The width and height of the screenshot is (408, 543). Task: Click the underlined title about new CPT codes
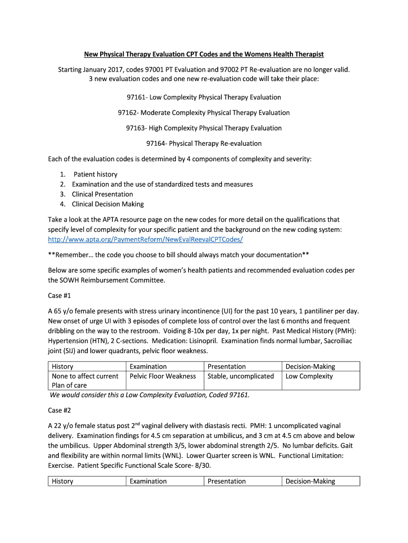pyautogui.click(x=204, y=54)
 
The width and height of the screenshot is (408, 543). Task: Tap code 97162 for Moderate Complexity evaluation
pyautogui.click(x=128, y=112)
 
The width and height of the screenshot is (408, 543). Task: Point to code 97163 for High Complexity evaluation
pyautogui.click(x=136, y=128)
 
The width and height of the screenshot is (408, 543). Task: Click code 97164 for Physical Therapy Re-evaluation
pyautogui.click(x=156, y=143)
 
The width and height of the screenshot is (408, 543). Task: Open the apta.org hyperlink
pyautogui.click(x=145, y=239)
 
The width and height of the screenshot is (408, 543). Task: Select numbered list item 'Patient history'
pyautogui.click(x=95, y=174)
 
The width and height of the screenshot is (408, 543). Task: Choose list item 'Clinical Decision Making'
pyautogui.click(x=108, y=204)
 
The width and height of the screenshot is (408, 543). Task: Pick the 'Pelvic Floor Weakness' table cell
pyautogui.click(x=163, y=376)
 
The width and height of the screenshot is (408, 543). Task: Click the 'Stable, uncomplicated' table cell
pyautogui.click(x=241, y=376)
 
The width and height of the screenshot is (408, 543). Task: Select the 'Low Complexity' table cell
pyautogui.click(x=309, y=376)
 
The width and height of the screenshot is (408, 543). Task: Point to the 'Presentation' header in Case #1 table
pyautogui.click(x=226, y=366)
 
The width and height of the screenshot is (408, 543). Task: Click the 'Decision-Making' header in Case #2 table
pyautogui.click(x=310, y=481)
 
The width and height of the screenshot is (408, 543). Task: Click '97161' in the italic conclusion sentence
pyautogui.click(x=237, y=395)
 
